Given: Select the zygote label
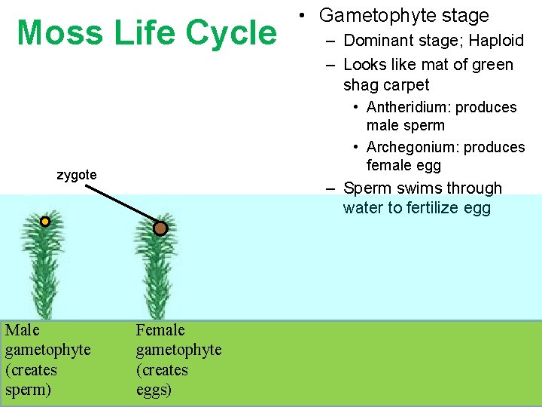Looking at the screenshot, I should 77,175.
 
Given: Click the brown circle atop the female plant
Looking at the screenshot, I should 160,228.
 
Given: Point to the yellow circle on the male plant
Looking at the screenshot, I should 45,222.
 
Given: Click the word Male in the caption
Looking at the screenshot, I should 22,330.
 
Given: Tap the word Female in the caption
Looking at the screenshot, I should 160,330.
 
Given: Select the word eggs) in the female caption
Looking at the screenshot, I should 154,390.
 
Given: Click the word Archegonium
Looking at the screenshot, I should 413,147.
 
